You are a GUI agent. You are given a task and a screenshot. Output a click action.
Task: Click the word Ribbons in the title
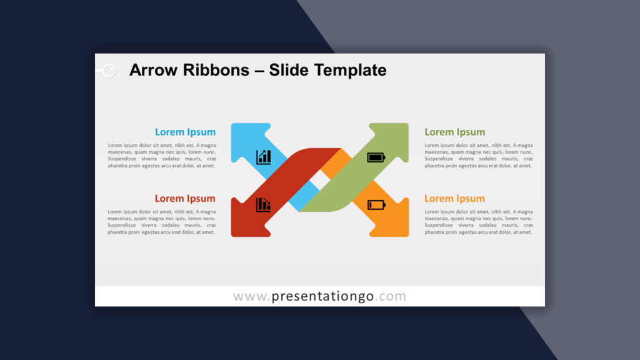(x=216, y=70)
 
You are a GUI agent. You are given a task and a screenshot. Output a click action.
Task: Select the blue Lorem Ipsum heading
(x=185, y=132)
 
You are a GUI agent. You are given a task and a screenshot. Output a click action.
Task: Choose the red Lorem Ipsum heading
(x=185, y=198)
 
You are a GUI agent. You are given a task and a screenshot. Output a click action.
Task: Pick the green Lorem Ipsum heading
(x=455, y=132)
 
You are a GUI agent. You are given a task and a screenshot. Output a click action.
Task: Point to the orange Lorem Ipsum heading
(x=455, y=198)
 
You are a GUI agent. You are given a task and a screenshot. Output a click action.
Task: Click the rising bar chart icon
(x=264, y=157)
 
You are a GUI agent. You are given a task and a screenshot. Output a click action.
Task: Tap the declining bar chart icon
(x=263, y=204)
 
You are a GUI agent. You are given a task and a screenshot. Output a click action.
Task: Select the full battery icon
(x=376, y=157)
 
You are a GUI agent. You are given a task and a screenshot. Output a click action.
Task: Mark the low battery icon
(x=376, y=204)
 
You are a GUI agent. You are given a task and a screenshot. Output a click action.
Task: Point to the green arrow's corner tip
(x=407, y=124)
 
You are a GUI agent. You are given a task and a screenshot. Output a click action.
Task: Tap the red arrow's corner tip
(x=232, y=236)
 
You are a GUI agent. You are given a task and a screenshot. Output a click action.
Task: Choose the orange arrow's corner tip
(x=407, y=236)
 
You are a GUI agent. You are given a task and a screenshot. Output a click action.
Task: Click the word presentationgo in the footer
(x=322, y=296)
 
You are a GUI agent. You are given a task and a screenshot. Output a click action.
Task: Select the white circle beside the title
(x=109, y=71)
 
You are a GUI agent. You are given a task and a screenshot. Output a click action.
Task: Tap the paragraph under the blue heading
(x=162, y=156)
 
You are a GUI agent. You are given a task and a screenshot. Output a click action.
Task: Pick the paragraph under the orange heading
(x=479, y=222)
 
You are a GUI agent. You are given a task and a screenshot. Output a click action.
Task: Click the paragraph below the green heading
(x=479, y=156)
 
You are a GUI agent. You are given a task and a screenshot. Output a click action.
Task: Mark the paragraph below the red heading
(x=162, y=222)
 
